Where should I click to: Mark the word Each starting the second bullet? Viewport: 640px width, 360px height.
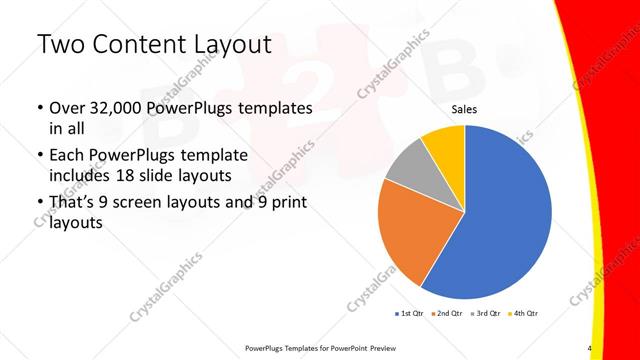[67, 155]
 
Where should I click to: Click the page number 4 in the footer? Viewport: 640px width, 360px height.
[589, 348]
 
